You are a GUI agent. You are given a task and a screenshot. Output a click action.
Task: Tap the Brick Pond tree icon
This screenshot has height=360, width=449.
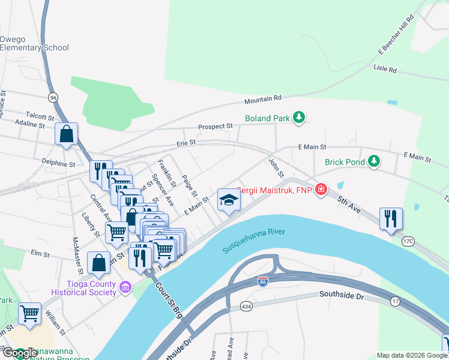coord(374,161)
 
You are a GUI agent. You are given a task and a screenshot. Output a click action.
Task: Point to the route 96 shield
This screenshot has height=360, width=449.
coord(53,97)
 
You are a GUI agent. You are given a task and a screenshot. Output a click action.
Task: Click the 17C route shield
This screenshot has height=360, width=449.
coord(409,241)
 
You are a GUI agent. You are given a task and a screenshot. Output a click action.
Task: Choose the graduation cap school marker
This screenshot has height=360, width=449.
coord(229,200)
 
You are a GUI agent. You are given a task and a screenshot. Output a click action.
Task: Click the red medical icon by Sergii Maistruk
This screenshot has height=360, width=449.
coord(322,190)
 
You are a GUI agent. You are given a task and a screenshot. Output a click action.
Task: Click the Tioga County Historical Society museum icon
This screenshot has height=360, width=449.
coord(125,287)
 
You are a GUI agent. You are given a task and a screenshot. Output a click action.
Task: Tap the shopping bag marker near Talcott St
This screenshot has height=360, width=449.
coord(66,134)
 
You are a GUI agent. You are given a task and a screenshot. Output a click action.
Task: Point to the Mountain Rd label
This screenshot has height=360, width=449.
coord(263,98)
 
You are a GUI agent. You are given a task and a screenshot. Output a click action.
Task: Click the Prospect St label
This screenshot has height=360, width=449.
coord(215,127)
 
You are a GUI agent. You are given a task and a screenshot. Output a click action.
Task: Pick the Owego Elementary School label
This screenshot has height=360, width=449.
coord(34,43)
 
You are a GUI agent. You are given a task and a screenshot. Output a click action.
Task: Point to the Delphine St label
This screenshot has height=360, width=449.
coord(58,163)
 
